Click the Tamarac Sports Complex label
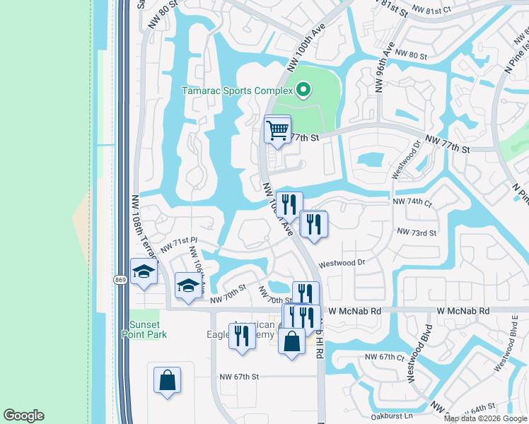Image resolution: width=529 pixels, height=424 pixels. pos(237,90)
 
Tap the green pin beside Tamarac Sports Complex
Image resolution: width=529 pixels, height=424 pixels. pos(303,90)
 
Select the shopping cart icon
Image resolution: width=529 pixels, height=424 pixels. pos(277,130)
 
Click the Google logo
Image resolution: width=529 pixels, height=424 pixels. pos(23,416)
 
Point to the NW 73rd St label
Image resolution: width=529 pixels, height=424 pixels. pos(417,232)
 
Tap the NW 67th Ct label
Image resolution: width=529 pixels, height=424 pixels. pos(384,358)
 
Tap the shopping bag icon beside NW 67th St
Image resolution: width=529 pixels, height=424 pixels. pos(168,379)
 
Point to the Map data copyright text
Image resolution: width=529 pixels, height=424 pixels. pos(485,418)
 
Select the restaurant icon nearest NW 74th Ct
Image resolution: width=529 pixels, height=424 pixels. pos(313,224)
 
